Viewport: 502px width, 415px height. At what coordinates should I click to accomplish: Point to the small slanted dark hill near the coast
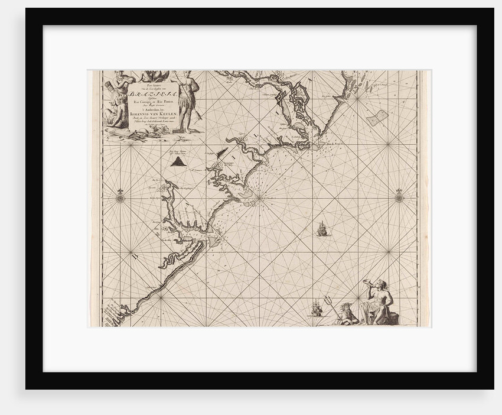[x=223, y=154]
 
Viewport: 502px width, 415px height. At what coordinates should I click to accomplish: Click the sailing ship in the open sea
[x=321, y=228]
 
